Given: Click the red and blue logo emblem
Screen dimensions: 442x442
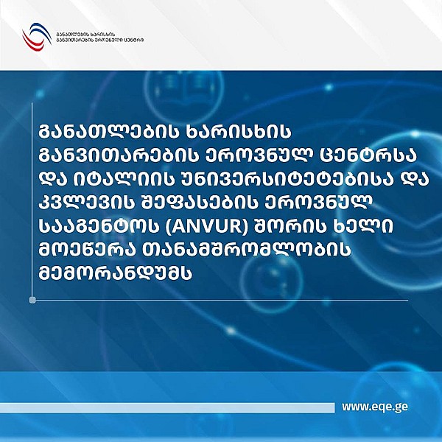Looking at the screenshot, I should pyautogui.click(x=36, y=36).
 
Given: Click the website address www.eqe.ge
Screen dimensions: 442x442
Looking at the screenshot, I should pyautogui.click(x=375, y=406).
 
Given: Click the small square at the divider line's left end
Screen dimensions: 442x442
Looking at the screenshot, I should pyautogui.click(x=32, y=300).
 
